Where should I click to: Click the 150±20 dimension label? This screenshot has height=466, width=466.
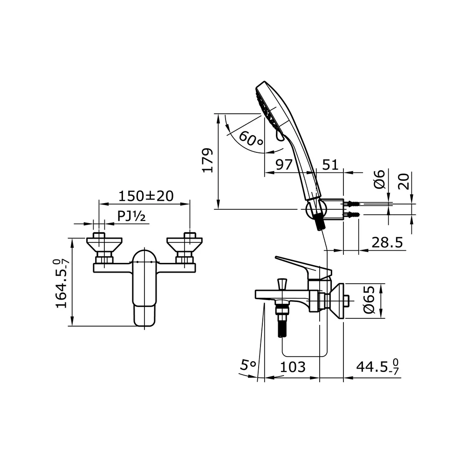click(x=145, y=196)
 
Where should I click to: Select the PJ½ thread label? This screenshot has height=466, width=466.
click(x=132, y=216)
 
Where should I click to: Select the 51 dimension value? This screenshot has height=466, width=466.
click(x=330, y=165)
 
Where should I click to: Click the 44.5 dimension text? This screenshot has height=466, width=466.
click(x=377, y=367)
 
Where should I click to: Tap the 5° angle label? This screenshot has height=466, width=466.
click(x=248, y=366)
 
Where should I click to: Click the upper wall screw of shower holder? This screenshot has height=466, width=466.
click(x=353, y=204)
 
